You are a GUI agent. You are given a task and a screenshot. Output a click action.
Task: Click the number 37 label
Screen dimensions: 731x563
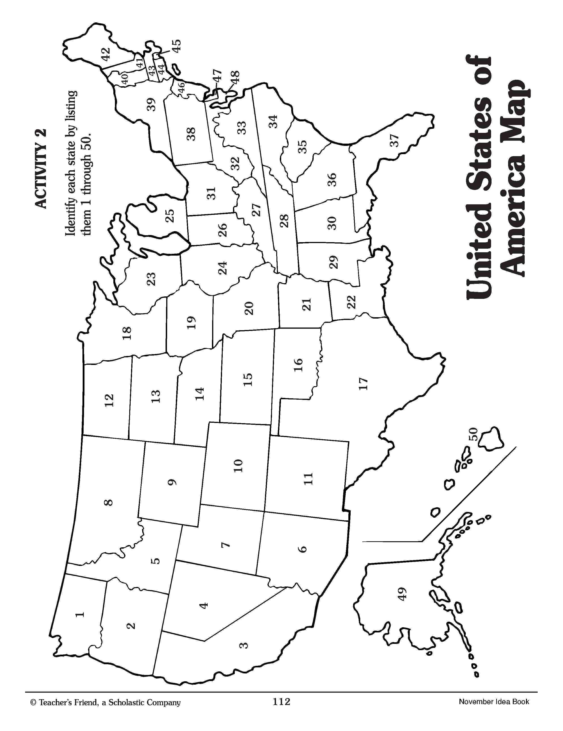click(395, 140)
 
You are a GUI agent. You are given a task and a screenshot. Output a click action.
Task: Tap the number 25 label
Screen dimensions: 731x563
click(170, 216)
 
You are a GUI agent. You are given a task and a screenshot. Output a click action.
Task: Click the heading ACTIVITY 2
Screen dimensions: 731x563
click(41, 169)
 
